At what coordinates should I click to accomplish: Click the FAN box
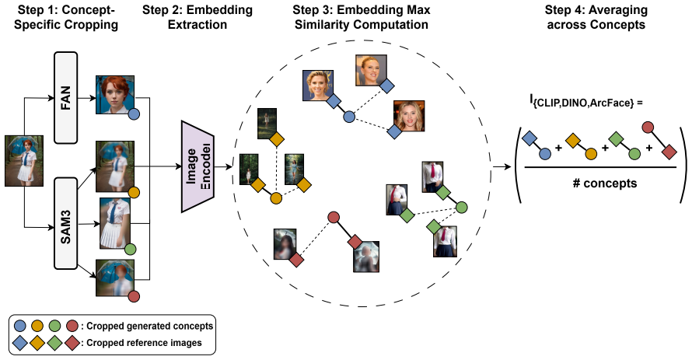(65, 97)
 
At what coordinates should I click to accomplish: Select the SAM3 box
(65, 223)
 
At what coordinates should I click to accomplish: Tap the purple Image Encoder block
(197, 166)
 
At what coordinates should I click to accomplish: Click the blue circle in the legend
(20, 326)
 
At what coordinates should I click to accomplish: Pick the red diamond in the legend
(72, 343)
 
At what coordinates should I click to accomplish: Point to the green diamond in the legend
(54, 343)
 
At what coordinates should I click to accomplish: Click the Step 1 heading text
(66, 17)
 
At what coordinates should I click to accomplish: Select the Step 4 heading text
(596, 17)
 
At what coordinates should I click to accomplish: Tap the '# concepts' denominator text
(605, 183)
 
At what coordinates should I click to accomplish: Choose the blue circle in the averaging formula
(545, 153)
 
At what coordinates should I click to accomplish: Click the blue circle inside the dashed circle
(349, 117)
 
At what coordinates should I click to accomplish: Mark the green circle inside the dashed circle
(462, 207)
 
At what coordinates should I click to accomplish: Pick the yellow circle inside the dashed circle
(276, 198)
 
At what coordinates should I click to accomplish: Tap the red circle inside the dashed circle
(334, 217)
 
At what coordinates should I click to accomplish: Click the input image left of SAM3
(24, 161)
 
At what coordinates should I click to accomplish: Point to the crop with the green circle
(116, 223)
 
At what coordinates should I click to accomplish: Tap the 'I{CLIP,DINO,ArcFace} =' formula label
(586, 102)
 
